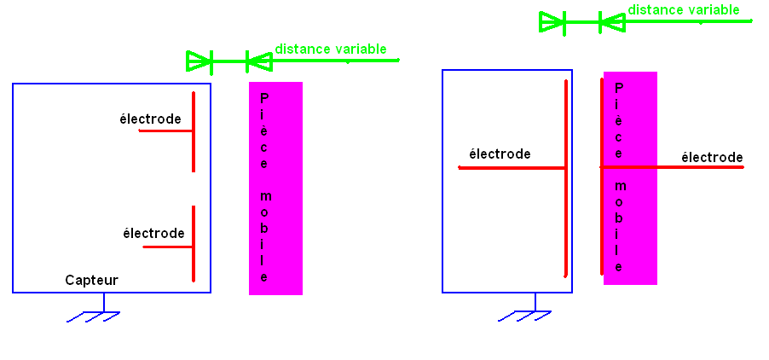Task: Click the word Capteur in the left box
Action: (91, 280)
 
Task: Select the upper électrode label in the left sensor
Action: (150, 119)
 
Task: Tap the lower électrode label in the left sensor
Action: (153, 233)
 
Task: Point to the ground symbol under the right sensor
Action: (525, 315)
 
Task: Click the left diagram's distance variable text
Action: (330, 49)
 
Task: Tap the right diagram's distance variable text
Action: (684, 10)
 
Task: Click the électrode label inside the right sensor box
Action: (500, 154)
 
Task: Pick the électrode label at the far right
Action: (712, 158)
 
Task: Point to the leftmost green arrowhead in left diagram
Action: (199, 61)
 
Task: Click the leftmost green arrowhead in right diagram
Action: (552, 22)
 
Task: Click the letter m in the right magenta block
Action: (619, 186)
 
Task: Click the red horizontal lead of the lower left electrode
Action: (167, 247)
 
